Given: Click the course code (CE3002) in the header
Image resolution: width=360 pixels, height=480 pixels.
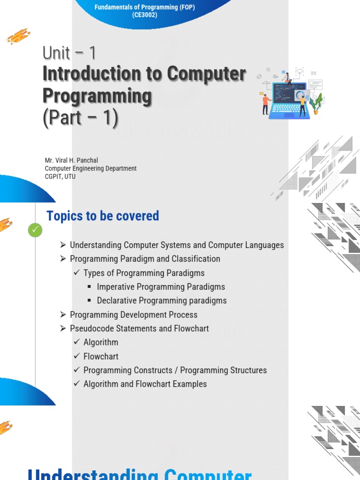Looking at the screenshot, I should point(144,15).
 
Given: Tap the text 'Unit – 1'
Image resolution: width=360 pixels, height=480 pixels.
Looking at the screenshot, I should point(69,53).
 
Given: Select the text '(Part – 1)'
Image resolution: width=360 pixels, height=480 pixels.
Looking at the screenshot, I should point(80,118).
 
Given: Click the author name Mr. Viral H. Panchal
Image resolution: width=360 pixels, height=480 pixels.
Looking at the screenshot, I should point(71,160).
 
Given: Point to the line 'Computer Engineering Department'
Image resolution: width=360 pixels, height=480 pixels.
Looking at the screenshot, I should point(90,168).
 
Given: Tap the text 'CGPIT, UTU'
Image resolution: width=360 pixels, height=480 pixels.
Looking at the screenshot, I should point(60,176).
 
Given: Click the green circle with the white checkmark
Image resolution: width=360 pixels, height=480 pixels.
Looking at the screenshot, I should point(35,230).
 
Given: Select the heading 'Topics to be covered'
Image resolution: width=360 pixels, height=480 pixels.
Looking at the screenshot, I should point(103,216).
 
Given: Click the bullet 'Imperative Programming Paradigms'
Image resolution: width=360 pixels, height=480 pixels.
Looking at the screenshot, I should point(161,287).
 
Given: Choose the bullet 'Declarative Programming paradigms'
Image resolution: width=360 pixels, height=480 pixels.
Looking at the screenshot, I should point(162,300).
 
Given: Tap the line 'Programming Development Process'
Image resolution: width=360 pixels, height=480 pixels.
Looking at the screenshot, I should point(134,315).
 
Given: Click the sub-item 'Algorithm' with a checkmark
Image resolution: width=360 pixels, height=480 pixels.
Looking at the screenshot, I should point(101,342).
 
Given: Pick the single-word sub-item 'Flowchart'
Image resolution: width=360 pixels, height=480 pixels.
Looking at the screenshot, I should point(101,356).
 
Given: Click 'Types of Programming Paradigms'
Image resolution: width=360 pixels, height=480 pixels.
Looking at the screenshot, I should point(144,273).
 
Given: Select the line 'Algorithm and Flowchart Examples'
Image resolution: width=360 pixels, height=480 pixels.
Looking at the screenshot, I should point(145,384).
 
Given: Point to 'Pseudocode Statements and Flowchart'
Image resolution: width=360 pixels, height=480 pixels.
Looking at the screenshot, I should point(139,328).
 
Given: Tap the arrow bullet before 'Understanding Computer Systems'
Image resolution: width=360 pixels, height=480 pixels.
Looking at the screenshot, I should point(63,245).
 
